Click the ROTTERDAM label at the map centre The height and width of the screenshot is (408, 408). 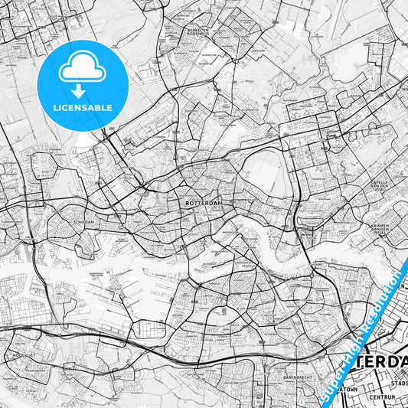click(204, 204)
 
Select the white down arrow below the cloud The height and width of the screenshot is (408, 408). click(82, 90)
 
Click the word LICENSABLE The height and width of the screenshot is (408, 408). click(82, 108)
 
